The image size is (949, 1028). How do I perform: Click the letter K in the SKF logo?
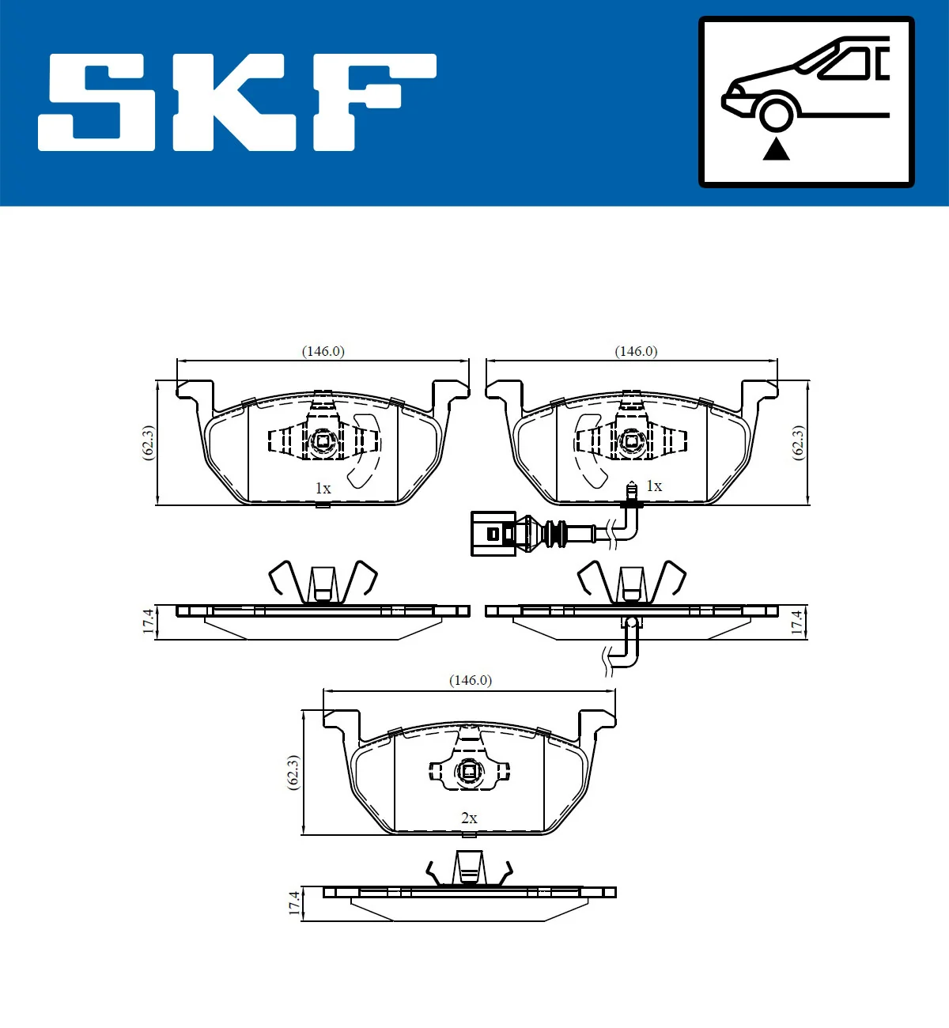[x=234, y=103]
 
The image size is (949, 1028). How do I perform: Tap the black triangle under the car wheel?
[x=776, y=149]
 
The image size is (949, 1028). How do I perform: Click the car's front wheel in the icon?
[x=776, y=113]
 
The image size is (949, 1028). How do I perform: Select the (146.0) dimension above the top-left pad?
[x=323, y=351]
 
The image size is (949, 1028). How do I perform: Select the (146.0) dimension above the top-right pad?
[x=636, y=351]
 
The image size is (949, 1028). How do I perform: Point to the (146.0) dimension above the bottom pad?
[x=470, y=680]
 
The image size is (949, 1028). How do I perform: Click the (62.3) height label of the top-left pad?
[x=148, y=443]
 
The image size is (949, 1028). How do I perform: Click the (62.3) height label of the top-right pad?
[x=798, y=443]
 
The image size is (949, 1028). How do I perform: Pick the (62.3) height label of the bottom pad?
[x=293, y=772]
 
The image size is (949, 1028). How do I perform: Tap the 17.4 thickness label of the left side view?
[x=148, y=622]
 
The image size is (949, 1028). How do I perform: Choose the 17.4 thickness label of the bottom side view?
[x=294, y=903]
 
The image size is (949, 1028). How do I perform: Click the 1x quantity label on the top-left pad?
[x=323, y=489]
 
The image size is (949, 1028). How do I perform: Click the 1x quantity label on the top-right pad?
[x=654, y=486]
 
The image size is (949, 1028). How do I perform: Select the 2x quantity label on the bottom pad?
[x=469, y=818]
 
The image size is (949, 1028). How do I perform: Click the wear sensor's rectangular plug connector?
[x=493, y=534]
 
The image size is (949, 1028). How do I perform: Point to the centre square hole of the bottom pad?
[x=469, y=770]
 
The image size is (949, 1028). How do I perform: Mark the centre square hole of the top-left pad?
[x=323, y=441]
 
